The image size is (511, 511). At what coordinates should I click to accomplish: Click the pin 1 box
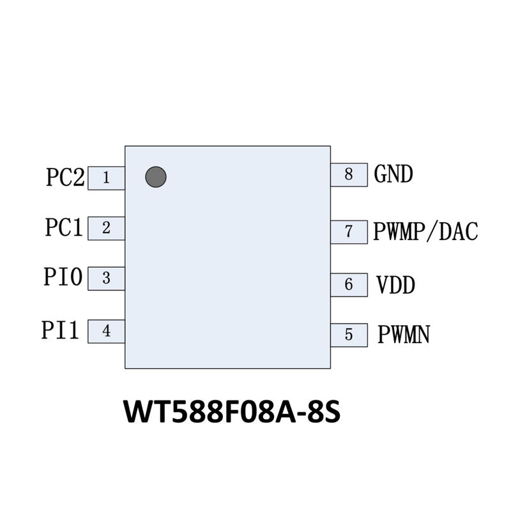point(106,177)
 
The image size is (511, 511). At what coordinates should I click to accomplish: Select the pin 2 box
point(106,227)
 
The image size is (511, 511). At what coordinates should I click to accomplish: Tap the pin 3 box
point(106,278)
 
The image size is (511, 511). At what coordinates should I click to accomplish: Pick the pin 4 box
point(106,332)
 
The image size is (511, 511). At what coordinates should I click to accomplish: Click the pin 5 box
point(349,334)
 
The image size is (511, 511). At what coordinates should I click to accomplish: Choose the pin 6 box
point(349,284)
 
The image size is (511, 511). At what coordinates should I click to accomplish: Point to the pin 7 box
point(349,231)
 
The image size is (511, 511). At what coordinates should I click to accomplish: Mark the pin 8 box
point(349,174)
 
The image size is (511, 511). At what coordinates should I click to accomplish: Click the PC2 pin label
point(65,177)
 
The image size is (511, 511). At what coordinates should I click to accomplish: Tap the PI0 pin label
point(63,278)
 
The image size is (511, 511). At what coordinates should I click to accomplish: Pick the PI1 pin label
point(61,331)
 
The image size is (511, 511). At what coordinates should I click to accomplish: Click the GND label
point(393,174)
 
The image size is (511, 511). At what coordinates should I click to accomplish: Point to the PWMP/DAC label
point(425,231)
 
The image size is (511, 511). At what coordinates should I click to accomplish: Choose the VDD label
point(395,284)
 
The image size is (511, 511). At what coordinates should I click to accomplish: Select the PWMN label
point(403,334)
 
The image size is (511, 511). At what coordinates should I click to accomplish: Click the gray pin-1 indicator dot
point(156,177)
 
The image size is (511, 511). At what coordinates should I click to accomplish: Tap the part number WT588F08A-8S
point(232,411)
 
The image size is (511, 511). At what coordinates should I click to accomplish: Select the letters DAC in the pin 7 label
point(460,231)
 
